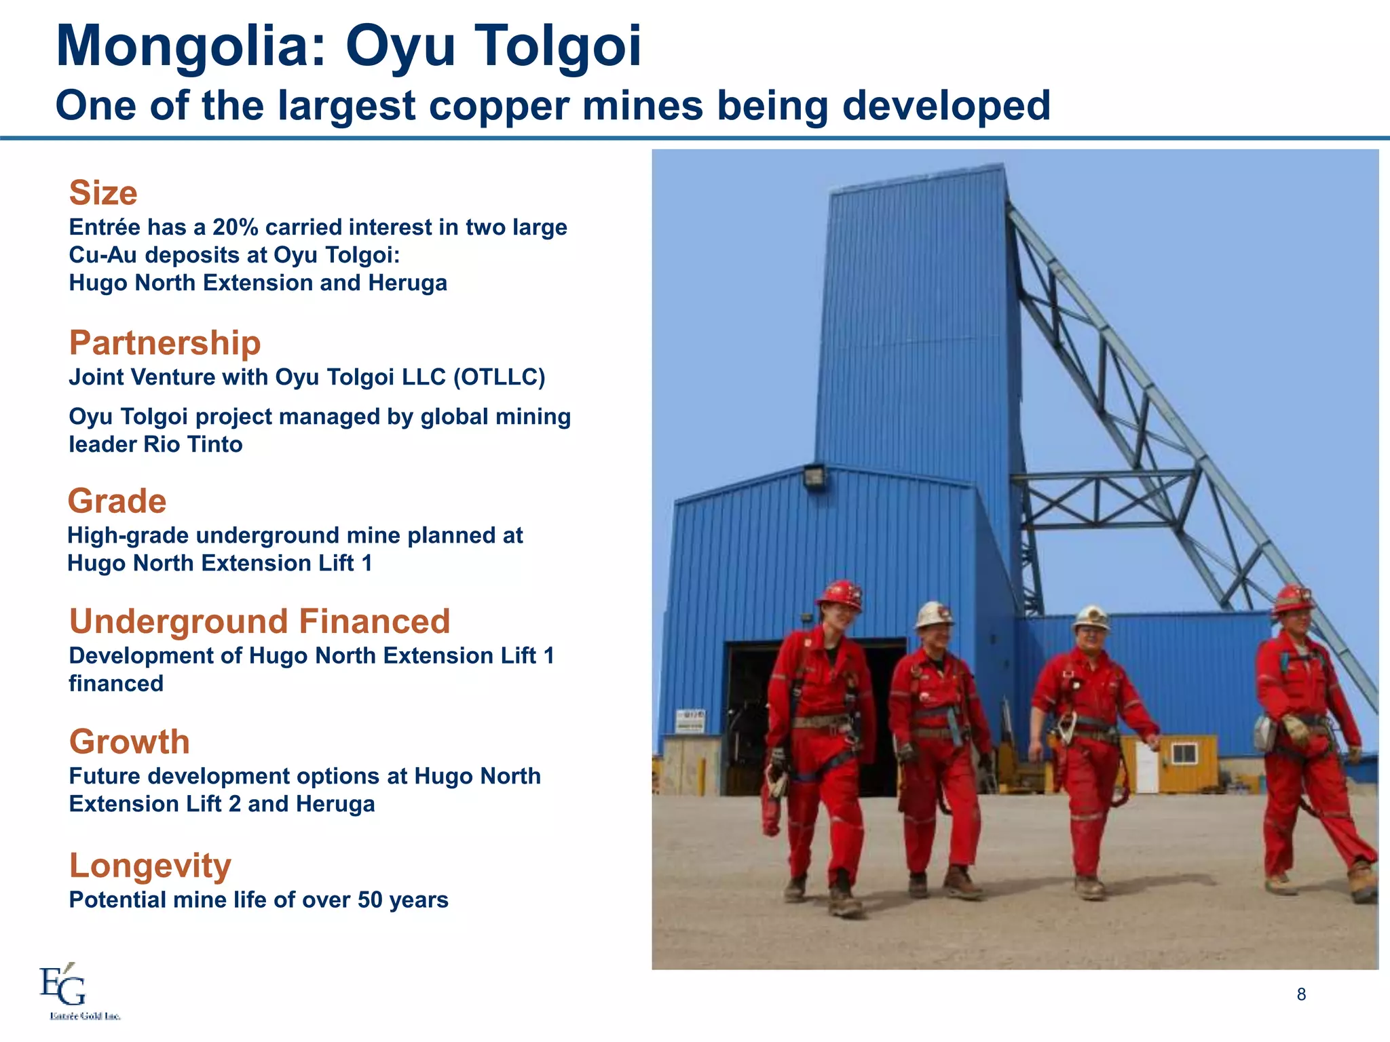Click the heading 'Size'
click(103, 193)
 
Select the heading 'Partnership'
click(165, 343)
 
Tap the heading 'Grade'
click(117, 501)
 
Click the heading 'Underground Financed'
click(259, 621)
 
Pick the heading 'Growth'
click(129, 741)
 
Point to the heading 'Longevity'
click(150, 866)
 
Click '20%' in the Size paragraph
click(235, 227)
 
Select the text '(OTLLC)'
click(499, 377)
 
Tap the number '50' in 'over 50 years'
click(370, 900)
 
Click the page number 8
click(1301, 995)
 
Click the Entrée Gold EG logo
click(63, 986)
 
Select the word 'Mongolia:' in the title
click(191, 46)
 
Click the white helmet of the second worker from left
click(934, 614)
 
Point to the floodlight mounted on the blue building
click(814, 475)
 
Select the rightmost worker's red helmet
click(1293, 598)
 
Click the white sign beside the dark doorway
click(690, 721)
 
